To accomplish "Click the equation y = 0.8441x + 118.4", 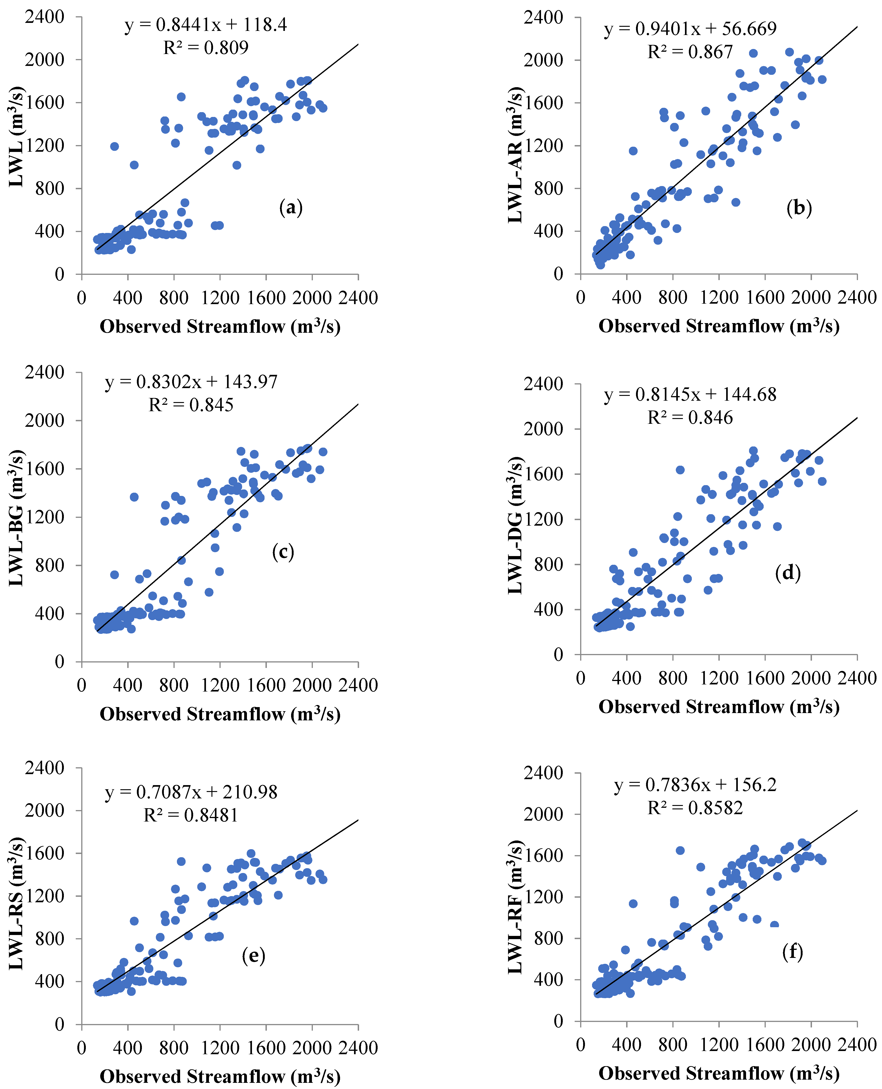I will click(x=206, y=24).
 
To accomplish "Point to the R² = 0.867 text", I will click(x=690, y=52).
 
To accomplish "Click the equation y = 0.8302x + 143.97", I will click(x=192, y=381).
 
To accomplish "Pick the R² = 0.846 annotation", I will click(x=690, y=418).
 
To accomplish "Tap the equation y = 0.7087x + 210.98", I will click(x=192, y=792).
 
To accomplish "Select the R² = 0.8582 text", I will click(x=695, y=808).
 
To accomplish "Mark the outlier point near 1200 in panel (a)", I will click(x=114, y=146).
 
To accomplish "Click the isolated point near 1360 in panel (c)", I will click(x=134, y=497).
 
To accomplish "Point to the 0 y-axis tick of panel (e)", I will click(x=60, y=1024).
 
